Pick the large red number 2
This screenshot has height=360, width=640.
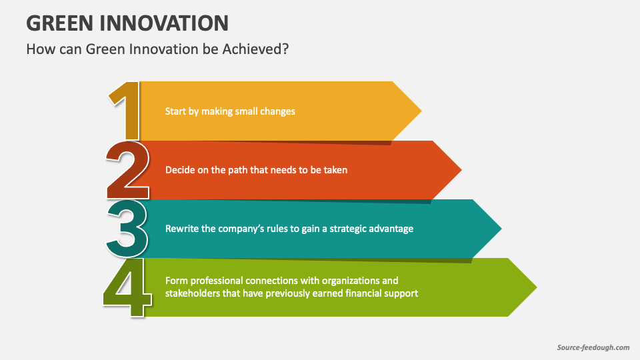pyautogui.click(x=127, y=170)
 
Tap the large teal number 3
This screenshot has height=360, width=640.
pyautogui.click(x=127, y=229)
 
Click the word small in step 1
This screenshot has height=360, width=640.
pyautogui.click(x=247, y=111)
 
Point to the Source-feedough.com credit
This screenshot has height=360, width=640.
pyautogui.click(x=593, y=347)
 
